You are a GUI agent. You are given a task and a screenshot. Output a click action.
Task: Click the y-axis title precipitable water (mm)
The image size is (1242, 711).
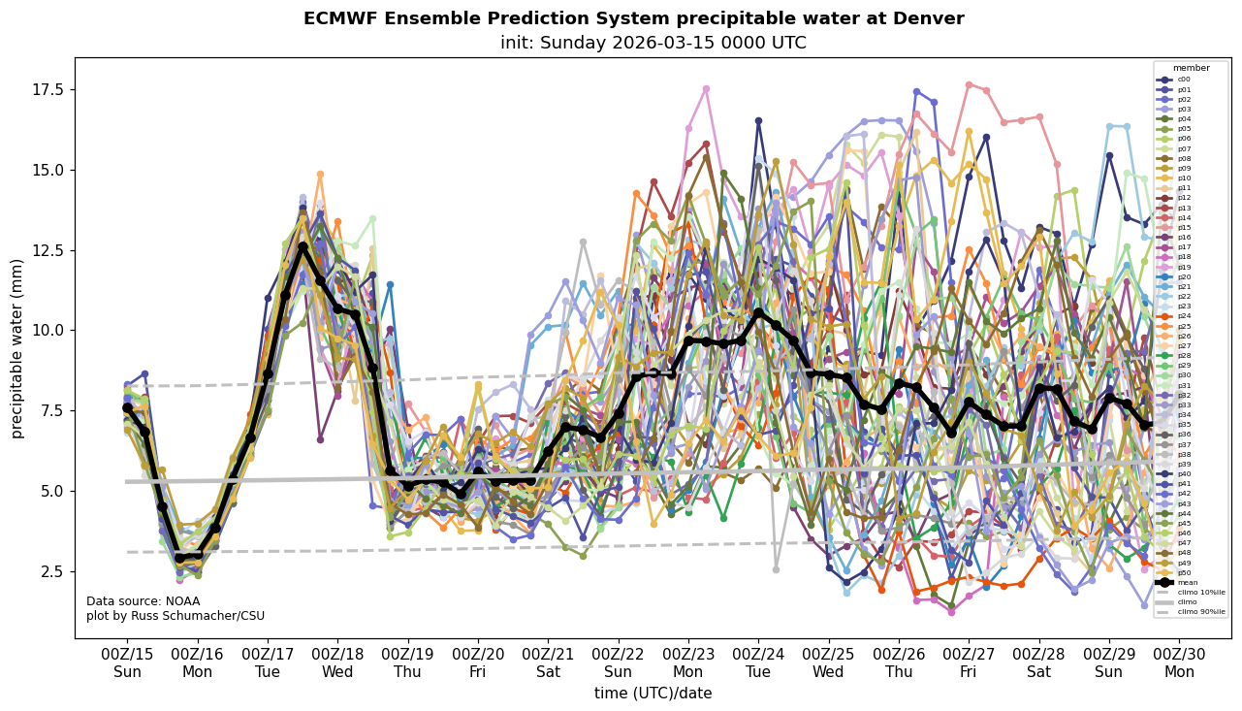point(17,347)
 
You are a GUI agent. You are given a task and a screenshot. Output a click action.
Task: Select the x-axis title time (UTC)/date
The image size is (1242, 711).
point(653,694)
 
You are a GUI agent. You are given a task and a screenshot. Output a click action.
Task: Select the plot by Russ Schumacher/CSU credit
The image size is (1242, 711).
point(175,616)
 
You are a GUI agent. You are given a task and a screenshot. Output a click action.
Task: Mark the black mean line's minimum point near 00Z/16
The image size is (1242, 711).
point(180,558)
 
